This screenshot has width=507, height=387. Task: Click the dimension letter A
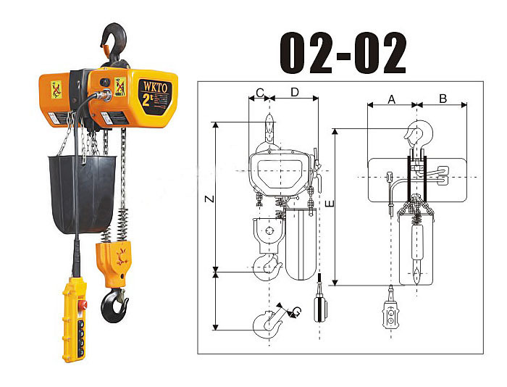coord(391,99)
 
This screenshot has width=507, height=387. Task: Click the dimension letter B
coord(443,99)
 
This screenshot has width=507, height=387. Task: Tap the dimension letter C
coord(259,93)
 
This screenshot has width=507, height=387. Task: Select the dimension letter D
coord(295,93)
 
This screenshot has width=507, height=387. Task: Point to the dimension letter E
coord(330,204)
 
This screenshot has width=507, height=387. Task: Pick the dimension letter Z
coord(210,199)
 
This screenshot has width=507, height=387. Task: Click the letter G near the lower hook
coord(296,312)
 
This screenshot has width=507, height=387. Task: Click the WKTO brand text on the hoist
coord(155,88)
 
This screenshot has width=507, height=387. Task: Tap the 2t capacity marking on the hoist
coord(148,100)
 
